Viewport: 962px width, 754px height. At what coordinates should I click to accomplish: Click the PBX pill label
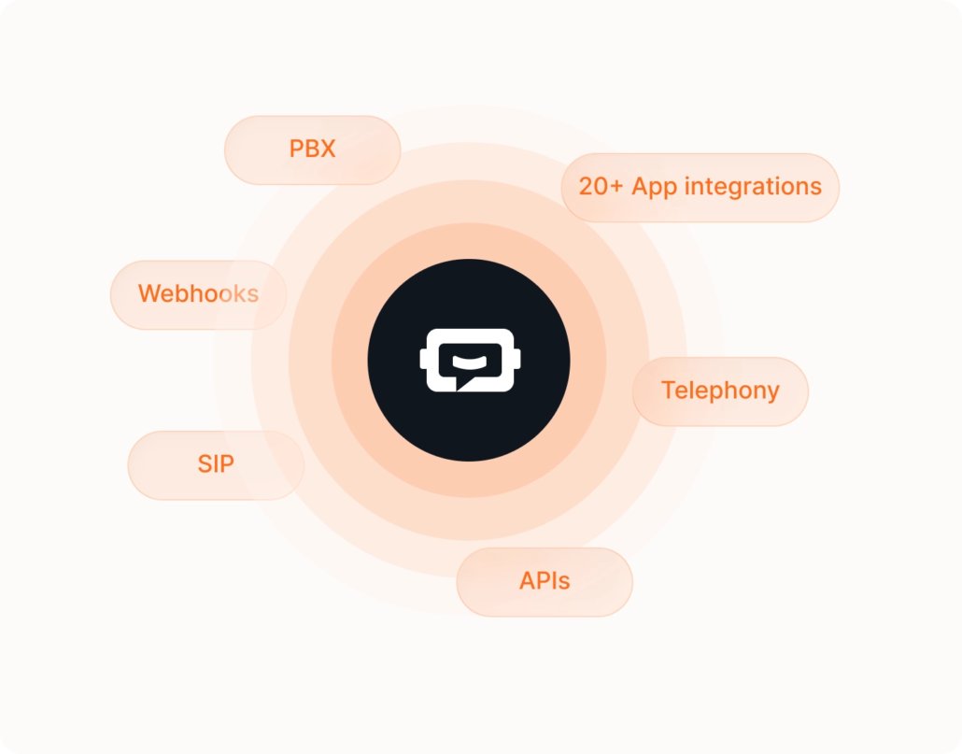click(x=312, y=149)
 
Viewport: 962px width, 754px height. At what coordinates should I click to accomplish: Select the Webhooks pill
click(x=198, y=294)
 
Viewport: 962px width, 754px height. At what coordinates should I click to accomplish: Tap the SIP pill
click(x=216, y=465)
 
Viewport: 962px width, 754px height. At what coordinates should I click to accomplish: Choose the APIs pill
click(x=545, y=581)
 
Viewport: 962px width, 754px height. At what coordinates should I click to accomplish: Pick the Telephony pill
click(x=720, y=391)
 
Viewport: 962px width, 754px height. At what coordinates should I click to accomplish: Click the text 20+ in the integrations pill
click(x=601, y=187)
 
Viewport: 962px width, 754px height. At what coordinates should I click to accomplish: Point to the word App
click(x=654, y=188)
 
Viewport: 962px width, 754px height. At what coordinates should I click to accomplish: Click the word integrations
click(x=753, y=187)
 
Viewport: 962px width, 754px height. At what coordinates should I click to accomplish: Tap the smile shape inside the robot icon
click(x=470, y=362)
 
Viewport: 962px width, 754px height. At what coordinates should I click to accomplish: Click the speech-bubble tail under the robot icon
click(x=463, y=383)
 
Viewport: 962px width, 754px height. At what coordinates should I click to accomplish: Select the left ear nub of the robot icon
click(x=423, y=359)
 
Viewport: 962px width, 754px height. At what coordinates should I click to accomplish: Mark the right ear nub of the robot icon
click(x=516, y=359)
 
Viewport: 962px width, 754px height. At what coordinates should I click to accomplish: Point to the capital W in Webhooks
click(x=150, y=294)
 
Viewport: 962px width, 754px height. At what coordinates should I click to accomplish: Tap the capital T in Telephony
click(x=669, y=391)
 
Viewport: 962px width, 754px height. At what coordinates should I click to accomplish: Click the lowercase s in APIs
click(x=564, y=583)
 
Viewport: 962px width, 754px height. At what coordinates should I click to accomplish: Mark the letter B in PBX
click(x=312, y=149)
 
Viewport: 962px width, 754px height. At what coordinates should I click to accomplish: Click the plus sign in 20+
click(x=616, y=187)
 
